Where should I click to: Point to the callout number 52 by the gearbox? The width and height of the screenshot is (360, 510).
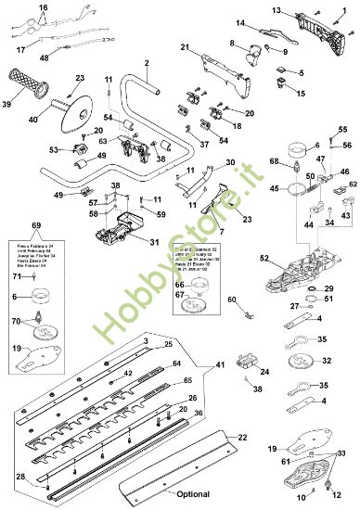point(264,258)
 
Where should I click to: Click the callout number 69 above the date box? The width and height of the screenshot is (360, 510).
point(36,226)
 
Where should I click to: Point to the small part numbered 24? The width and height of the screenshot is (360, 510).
point(248,360)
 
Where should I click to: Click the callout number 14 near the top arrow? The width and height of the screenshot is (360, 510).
point(239,22)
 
